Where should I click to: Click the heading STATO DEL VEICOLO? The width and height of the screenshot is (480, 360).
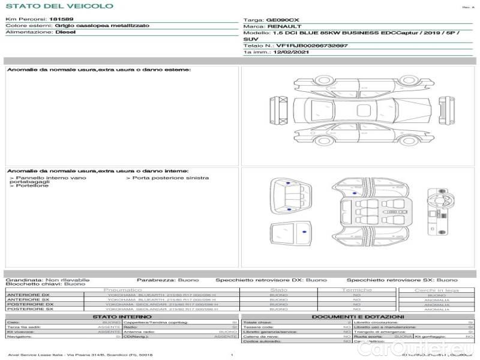[59, 6]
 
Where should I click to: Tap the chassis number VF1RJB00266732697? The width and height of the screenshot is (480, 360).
[311, 46]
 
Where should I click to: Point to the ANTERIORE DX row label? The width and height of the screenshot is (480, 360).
[28, 295]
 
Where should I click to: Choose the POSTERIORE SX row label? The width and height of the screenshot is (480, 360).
[29, 309]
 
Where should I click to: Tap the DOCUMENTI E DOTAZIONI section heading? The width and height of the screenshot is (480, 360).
[358, 317]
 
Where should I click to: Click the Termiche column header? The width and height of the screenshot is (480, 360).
[357, 290]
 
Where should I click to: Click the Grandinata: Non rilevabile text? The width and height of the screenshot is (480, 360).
[47, 280]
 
